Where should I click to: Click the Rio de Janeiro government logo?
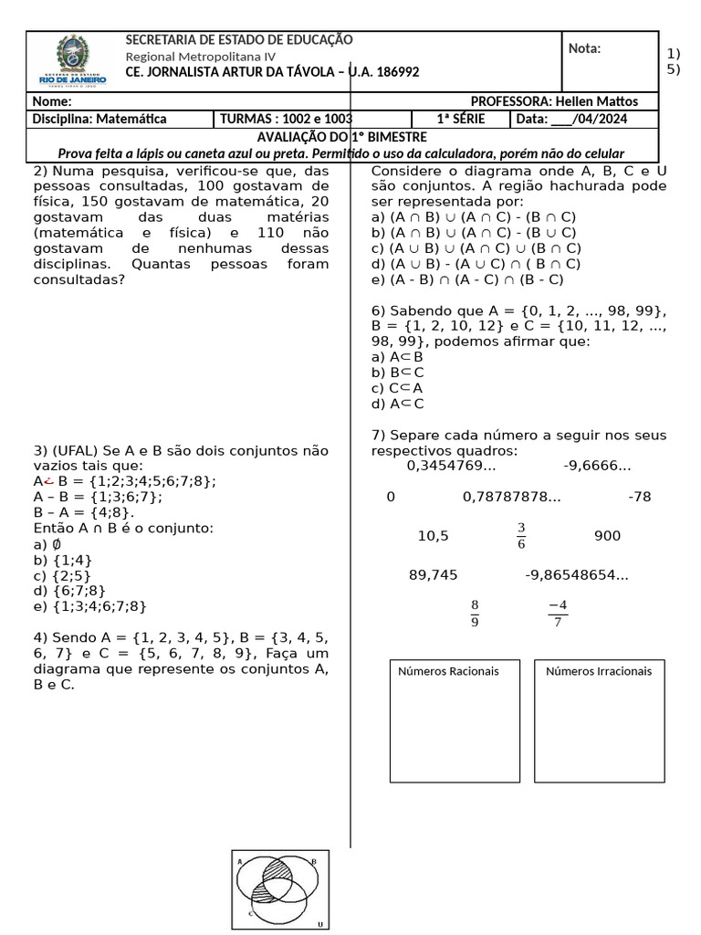tap(74, 60)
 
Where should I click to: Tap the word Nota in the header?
tap(584, 48)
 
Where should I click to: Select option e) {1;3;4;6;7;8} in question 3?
tap(89, 606)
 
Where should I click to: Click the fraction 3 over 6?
tap(521, 536)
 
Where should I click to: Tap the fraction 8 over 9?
tap(475, 614)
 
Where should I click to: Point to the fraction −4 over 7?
tap(558, 614)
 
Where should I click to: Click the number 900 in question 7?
tap(607, 536)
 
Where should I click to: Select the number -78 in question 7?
tap(640, 498)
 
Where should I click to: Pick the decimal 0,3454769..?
tap(451, 467)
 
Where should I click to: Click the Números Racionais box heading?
tap(449, 672)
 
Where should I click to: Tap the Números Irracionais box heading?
tap(599, 672)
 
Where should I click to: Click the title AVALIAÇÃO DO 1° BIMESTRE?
tap(342, 137)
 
